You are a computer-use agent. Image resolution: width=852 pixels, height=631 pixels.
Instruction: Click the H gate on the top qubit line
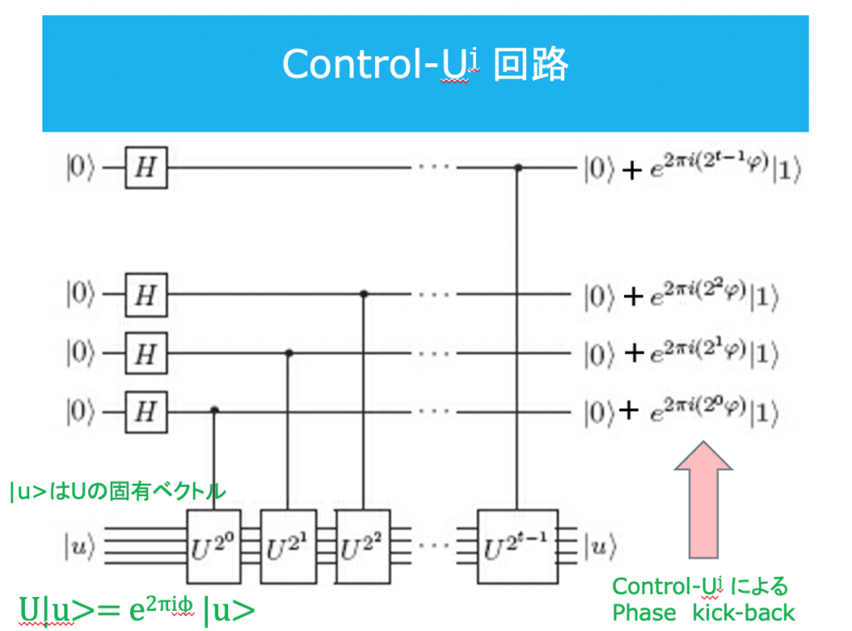click(x=146, y=167)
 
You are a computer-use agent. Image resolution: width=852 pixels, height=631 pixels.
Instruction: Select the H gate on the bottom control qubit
click(x=146, y=410)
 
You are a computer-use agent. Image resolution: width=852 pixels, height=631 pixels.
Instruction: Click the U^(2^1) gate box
click(x=287, y=546)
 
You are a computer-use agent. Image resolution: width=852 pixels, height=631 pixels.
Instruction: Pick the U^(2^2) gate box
click(x=363, y=546)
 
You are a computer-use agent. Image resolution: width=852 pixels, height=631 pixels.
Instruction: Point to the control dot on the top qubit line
click(x=518, y=167)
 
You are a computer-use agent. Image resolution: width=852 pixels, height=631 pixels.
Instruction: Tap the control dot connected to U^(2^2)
click(x=364, y=294)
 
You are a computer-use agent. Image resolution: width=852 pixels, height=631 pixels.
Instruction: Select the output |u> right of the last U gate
click(x=601, y=547)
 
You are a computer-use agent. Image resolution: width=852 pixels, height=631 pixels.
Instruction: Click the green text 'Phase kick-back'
click(x=703, y=614)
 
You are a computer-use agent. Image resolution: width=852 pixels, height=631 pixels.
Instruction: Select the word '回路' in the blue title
click(x=531, y=65)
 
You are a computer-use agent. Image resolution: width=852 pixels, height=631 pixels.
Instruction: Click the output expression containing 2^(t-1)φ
click(x=691, y=169)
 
